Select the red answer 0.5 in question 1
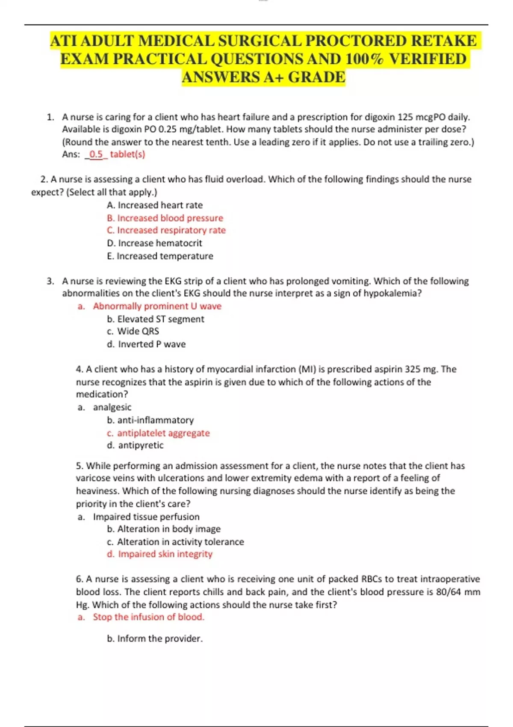click(x=96, y=154)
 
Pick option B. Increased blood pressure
click(x=165, y=218)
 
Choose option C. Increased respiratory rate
click(x=166, y=230)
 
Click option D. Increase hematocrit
click(x=155, y=243)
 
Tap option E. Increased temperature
click(x=160, y=256)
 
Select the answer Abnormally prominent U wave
click(x=157, y=306)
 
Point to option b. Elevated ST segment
click(x=156, y=319)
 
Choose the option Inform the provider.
click(x=155, y=638)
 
